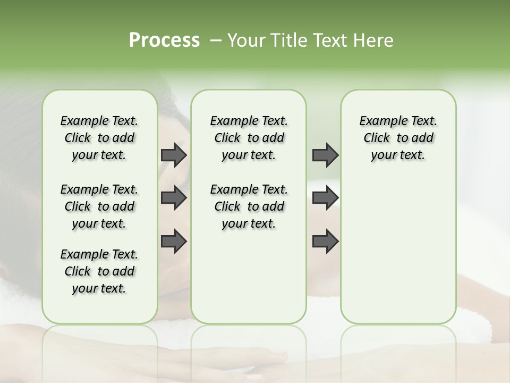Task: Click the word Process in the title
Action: (x=164, y=40)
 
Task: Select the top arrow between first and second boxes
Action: (x=174, y=155)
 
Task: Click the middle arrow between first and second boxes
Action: (x=174, y=198)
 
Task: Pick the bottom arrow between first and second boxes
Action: (x=174, y=241)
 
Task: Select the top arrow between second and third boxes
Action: (x=325, y=155)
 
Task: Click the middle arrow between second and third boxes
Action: (x=325, y=198)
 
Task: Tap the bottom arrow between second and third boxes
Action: (x=325, y=241)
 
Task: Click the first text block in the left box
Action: (x=99, y=138)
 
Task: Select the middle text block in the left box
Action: (x=99, y=206)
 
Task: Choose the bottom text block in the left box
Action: (x=99, y=271)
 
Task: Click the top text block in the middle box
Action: (x=249, y=138)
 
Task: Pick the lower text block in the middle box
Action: (x=249, y=206)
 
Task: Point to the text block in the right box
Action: (x=398, y=138)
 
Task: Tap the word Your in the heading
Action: (x=244, y=40)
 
